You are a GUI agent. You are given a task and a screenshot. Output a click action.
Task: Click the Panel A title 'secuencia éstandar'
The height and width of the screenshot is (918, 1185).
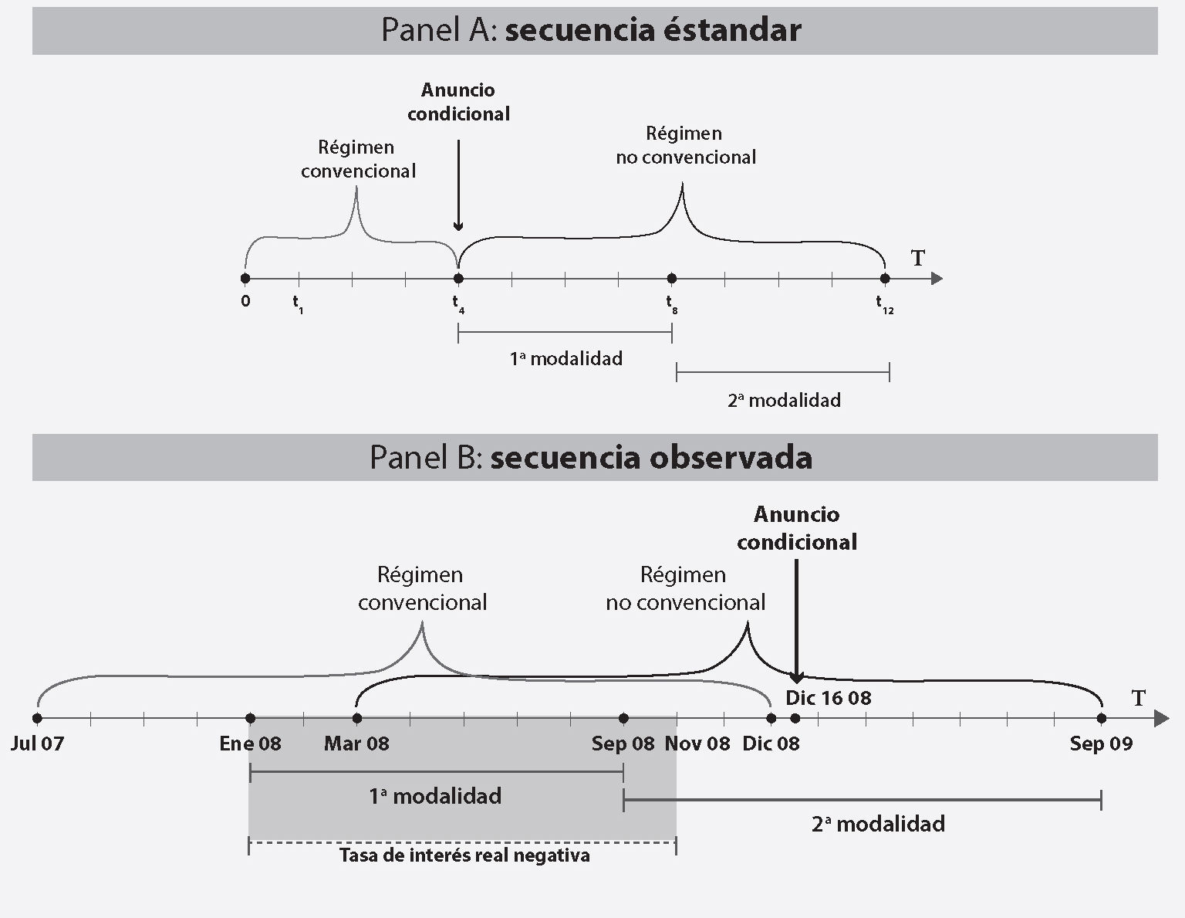pos(653,30)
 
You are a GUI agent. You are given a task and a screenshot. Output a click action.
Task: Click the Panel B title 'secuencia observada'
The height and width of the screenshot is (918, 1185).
pos(651,457)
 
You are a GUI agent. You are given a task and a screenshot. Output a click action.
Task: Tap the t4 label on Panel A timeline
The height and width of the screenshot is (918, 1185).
pos(458,303)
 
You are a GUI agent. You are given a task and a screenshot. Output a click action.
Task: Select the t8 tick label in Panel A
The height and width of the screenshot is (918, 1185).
pos(672,303)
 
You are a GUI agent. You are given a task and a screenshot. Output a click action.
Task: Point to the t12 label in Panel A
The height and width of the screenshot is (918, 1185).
pos(884,304)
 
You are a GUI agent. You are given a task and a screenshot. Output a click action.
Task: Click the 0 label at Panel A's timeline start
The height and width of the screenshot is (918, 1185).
pos(245,301)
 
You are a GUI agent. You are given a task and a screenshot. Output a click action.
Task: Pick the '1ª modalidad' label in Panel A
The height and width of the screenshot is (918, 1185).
pos(565,358)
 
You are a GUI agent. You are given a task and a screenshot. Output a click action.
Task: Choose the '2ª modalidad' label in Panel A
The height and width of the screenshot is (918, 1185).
pos(784,400)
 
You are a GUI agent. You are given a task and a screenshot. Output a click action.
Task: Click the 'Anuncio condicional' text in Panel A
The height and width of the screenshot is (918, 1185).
pos(458,102)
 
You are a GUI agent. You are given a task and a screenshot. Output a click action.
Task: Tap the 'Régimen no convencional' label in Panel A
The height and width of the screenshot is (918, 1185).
pos(685,145)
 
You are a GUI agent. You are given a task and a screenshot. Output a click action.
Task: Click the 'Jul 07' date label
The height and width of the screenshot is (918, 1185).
pos(37,744)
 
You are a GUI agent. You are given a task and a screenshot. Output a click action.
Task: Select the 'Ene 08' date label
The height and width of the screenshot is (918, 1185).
pos(250,744)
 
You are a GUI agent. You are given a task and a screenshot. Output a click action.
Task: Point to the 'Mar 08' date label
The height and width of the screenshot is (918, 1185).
pos(356,744)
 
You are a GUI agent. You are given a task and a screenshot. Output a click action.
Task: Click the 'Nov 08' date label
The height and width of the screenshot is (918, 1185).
pos(697,744)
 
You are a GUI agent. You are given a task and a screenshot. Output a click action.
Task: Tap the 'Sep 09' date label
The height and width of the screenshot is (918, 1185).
pos(1101,744)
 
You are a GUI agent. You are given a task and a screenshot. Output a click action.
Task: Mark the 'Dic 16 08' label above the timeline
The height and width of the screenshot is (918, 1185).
pos(828,698)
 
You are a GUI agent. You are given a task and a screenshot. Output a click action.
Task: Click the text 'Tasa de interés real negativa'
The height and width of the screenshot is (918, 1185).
pos(464,855)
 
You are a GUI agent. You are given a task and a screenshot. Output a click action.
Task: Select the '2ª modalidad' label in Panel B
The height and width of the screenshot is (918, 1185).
pos(878,824)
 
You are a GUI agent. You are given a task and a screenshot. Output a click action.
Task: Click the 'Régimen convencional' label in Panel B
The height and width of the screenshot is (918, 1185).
pos(422,588)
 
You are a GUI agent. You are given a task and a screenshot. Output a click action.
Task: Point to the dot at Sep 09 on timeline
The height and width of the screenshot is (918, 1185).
pos(1102,719)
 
